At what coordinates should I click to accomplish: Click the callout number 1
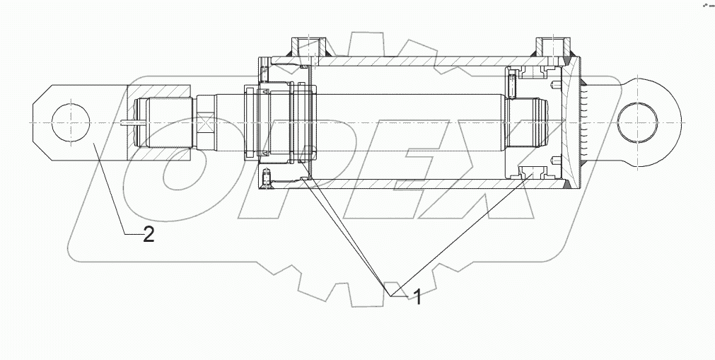(x=417, y=297)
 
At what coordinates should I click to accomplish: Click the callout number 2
(x=149, y=235)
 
